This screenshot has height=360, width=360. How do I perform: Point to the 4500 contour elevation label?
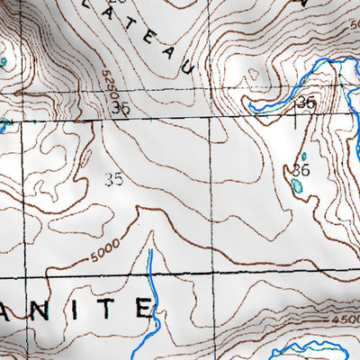(x=344, y=319)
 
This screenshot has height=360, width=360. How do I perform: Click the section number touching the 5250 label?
(x=121, y=108)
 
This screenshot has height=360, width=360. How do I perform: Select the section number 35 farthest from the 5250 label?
(x=113, y=179)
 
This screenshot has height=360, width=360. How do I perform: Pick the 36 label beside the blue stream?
(x=306, y=103)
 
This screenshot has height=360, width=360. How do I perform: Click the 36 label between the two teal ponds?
(x=301, y=169)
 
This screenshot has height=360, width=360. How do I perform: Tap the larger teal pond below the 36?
(x=297, y=187)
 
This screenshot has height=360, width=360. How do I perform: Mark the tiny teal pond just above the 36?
(x=304, y=156)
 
